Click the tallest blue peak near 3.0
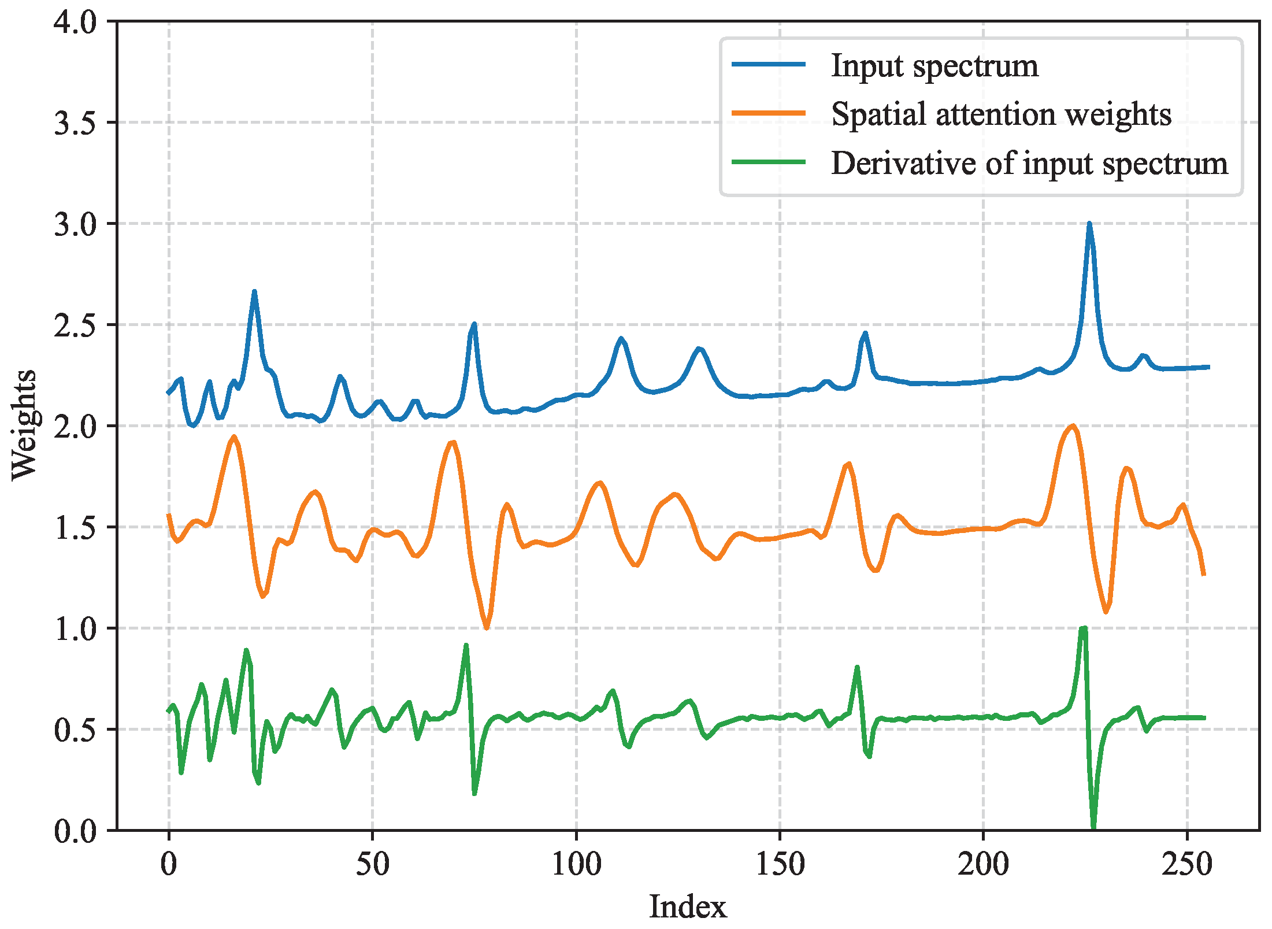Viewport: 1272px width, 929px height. [x=1089, y=225]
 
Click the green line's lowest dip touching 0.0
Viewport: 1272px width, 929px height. [x=1093, y=827]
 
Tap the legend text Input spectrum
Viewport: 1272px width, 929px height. [x=934, y=65]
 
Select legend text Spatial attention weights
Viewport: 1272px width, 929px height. [x=1001, y=114]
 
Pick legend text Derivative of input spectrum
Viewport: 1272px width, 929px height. [x=1029, y=163]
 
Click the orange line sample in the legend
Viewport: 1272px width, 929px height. [x=769, y=113]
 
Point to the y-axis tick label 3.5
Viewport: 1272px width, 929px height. [x=75, y=123]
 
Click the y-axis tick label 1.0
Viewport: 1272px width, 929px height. [x=75, y=629]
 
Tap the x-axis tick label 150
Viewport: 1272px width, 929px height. [x=780, y=865]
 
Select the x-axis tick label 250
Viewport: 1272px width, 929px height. [x=1187, y=865]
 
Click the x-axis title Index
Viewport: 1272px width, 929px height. [x=687, y=907]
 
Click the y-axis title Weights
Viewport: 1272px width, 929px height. [x=24, y=425]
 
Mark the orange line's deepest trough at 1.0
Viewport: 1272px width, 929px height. [x=487, y=627]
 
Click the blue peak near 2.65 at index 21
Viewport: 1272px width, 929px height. [x=254, y=293]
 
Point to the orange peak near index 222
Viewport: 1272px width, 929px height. [x=1073, y=427]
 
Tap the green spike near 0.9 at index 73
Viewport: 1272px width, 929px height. [x=466, y=646]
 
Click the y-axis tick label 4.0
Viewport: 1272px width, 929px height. [x=75, y=23]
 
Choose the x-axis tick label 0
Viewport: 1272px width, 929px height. [x=169, y=865]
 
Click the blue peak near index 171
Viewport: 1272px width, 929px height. [x=865, y=334]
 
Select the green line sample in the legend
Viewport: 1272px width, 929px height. [x=769, y=162]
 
